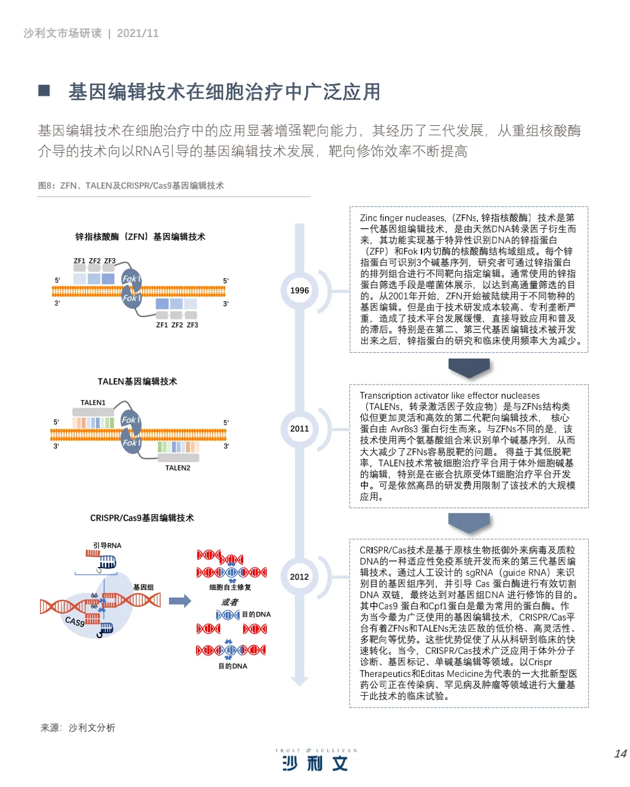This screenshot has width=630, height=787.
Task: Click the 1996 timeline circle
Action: tap(299, 291)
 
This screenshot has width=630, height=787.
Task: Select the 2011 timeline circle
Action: tap(299, 429)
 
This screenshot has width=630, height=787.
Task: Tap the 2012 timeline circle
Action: tap(299, 577)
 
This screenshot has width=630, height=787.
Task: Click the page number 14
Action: tap(620, 754)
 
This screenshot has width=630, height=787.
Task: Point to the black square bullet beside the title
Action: tap(44, 91)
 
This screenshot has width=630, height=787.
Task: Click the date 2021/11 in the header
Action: tap(138, 34)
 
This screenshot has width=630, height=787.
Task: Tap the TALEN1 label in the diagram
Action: tap(93, 403)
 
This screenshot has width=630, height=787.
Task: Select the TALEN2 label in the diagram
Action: tap(178, 468)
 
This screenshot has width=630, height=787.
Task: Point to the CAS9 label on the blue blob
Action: tap(75, 621)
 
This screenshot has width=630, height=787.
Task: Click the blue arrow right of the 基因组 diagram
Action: tap(180, 601)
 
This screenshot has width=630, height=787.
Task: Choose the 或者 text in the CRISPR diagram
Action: tap(230, 602)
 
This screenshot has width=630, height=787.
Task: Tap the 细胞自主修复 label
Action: tap(230, 587)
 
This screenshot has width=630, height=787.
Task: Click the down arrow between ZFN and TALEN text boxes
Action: tap(469, 367)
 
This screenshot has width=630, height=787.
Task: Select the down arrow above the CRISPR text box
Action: tap(469, 522)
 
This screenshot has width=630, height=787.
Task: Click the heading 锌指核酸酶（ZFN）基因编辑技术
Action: tap(140, 237)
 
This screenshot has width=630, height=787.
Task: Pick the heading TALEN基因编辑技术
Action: tap(137, 382)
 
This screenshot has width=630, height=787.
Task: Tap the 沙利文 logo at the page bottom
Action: tap(316, 763)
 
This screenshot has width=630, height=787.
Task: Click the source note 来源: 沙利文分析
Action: tap(78, 728)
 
